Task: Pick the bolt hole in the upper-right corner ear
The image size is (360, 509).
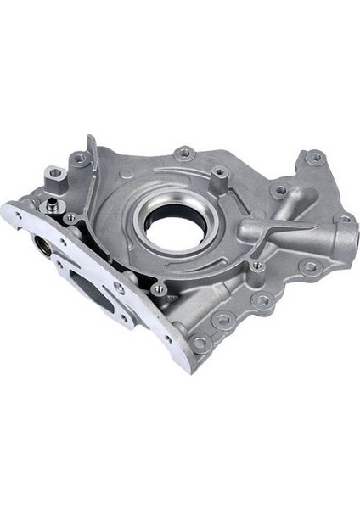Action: (315, 158)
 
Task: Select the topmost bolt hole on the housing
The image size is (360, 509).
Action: (183, 154)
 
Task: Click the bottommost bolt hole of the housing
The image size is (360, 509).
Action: (199, 343)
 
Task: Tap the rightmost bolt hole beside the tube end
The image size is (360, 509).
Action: (345, 219)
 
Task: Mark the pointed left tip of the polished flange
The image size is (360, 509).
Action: (6, 210)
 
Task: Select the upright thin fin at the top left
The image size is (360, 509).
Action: (90, 161)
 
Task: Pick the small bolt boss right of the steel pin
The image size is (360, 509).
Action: (70, 218)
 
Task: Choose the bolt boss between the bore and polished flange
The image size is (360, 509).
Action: (158, 288)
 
